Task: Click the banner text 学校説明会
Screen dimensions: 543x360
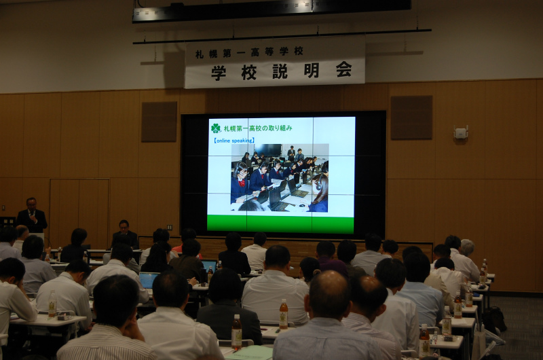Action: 282,71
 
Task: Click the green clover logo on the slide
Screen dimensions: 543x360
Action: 216,128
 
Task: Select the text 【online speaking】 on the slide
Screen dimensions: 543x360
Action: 234,141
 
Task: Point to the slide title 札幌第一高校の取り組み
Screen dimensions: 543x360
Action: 258,128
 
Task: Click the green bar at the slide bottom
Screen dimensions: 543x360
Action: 280,223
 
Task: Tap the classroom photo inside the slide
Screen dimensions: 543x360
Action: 280,177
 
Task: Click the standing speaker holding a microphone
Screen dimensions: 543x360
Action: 32,215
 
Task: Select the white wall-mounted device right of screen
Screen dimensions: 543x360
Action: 461,132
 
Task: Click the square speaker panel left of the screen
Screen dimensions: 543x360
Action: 159,122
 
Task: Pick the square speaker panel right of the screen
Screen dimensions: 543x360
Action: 411,118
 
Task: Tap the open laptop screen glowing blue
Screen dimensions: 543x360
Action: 148,281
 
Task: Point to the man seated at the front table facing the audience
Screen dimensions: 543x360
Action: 125,234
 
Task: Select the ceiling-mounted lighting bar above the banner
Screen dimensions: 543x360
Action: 271,11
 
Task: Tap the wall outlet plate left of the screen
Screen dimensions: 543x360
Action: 169,228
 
